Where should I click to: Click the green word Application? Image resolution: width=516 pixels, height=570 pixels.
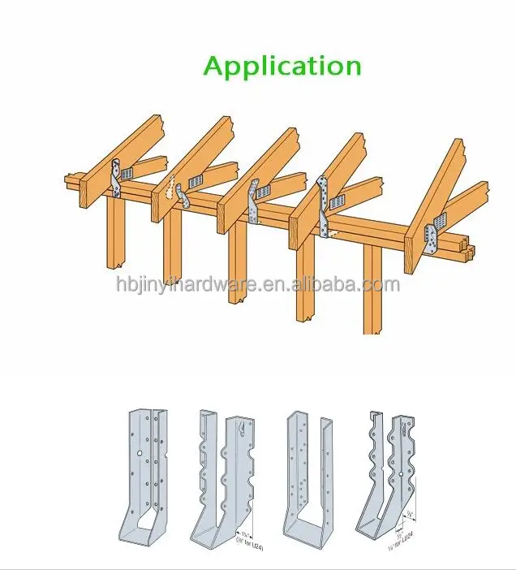click(x=282, y=66)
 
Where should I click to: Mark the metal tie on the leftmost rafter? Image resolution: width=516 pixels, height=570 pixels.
click(x=116, y=178)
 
